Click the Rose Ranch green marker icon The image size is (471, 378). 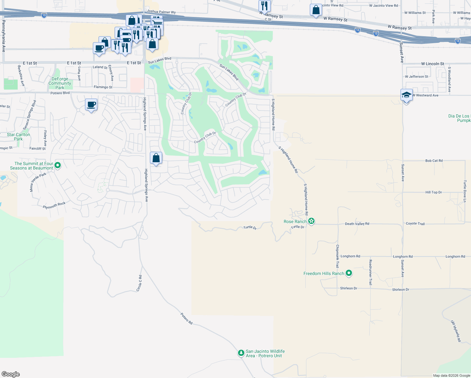[311, 221]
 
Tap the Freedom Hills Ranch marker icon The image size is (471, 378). [349, 273]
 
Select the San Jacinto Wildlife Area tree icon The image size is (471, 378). [241, 353]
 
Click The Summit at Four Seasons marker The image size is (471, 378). [57, 165]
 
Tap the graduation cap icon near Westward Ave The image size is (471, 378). [406, 95]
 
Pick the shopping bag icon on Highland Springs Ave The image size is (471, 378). [156, 158]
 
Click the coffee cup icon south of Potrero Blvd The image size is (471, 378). [91, 105]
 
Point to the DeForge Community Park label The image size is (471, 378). [60, 83]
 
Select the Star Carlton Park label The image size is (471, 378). [19, 137]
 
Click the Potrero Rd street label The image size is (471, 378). [186, 318]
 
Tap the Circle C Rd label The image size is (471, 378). [139, 283]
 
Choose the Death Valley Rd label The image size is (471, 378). [357, 224]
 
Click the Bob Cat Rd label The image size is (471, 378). [434, 161]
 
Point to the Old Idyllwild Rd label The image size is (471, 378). [456, 331]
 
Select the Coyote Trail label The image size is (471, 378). [415, 223]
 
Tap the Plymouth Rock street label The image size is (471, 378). [54, 205]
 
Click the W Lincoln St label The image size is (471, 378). [432, 64]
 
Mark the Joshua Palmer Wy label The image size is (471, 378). [161, 12]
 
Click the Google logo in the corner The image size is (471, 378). [11, 374]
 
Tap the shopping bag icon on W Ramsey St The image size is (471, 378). [316, 10]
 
